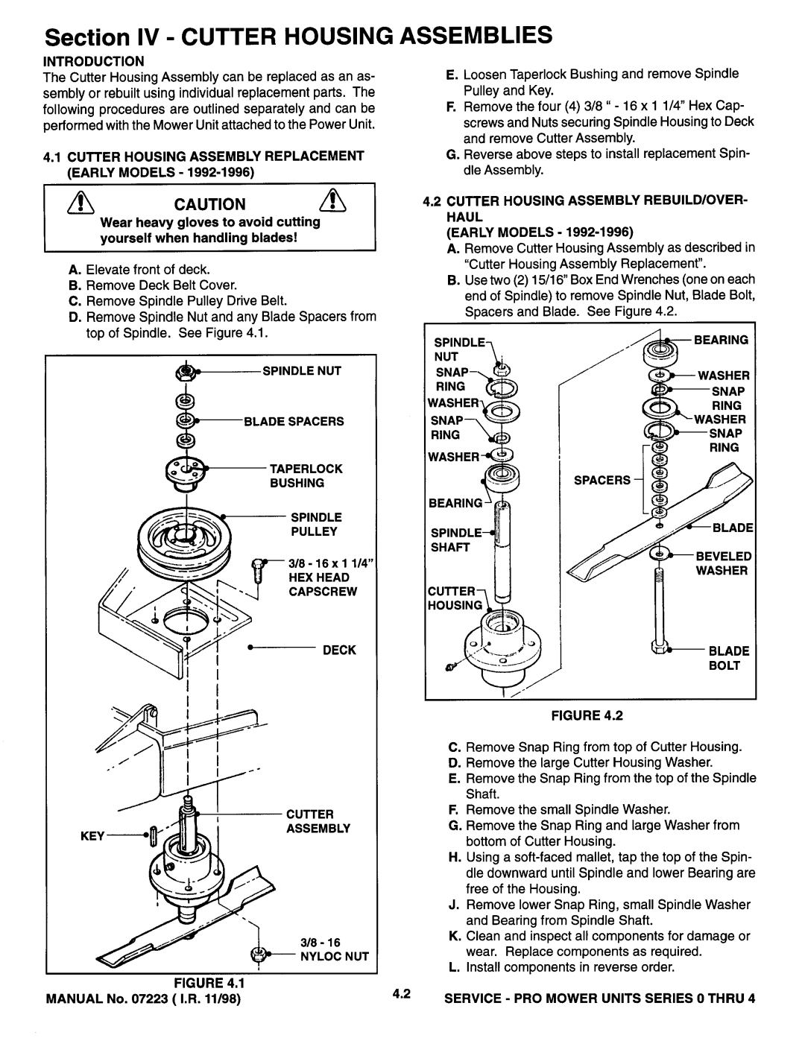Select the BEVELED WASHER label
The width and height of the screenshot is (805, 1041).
pyautogui.click(x=722, y=563)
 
